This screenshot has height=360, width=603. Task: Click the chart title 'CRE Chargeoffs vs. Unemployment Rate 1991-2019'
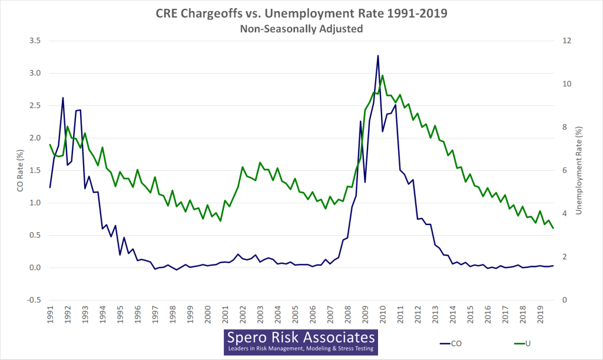pyautogui.click(x=301, y=13)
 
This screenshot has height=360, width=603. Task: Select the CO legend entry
pyautogui.click(x=453, y=342)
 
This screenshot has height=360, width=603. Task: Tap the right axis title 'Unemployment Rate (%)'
pyautogui.click(x=585, y=170)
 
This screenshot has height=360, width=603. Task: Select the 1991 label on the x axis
pyautogui.click(x=50, y=314)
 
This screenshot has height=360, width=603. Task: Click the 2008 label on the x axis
pyautogui.click(x=347, y=314)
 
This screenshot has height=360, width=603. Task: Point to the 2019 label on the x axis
pyautogui.click(x=540, y=314)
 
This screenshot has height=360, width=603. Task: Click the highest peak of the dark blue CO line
pyautogui.click(x=378, y=55)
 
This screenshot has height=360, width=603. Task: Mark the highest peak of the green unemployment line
pyautogui.click(x=382, y=75)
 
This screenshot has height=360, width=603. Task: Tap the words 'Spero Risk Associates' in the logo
pyautogui.click(x=301, y=338)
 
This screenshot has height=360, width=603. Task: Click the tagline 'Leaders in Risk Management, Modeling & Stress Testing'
pyautogui.click(x=301, y=349)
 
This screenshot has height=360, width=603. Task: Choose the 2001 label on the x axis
pyautogui.click(x=225, y=314)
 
